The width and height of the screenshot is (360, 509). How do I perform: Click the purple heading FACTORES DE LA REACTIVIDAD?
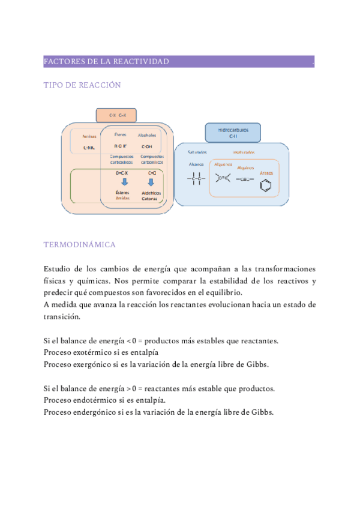click(106, 62)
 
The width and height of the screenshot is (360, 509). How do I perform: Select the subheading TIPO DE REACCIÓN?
click(82, 85)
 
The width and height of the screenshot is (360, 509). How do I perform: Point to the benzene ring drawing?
click(266, 184)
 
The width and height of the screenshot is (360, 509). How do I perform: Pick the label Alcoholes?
click(146, 135)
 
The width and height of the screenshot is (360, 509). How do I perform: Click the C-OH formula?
click(146, 146)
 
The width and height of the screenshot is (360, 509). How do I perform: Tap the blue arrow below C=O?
click(151, 182)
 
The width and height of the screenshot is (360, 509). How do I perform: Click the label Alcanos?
click(196, 164)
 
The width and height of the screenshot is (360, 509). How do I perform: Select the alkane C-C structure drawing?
click(196, 178)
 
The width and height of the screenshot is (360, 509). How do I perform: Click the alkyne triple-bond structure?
click(246, 178)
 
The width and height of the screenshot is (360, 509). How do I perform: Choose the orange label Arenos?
click(266, 173)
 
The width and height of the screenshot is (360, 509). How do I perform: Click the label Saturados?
click(197, 152)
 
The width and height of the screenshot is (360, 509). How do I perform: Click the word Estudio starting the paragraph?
click(58, 269)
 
